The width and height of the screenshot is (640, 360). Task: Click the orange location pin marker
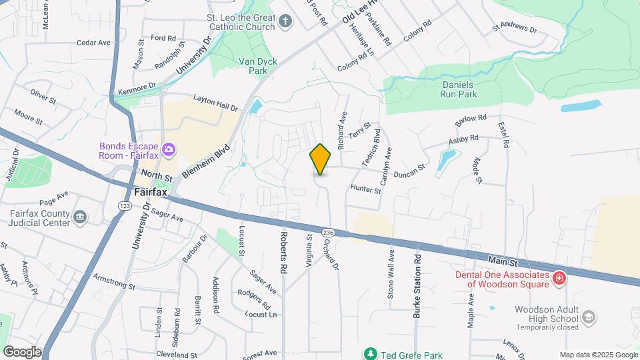[x=321, y=159]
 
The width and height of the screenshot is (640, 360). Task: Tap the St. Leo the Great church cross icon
[x=285, y=22]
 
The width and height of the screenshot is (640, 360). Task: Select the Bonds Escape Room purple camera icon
[x=169, y=149]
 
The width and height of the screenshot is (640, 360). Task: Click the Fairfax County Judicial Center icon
[x=80, y=217]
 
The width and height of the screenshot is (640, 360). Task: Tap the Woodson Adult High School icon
[x=589, y=319]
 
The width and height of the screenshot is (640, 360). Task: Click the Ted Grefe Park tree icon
[x=370, y=353]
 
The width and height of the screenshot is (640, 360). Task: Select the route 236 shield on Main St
[x=327, y=233]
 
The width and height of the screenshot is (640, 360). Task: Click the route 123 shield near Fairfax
[x=125, y=207]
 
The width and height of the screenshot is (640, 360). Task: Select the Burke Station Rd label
[x=417, y=285]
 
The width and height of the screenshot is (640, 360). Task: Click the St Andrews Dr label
[x=514, y=29]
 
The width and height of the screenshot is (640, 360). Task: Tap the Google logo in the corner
[x=23, y=351]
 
